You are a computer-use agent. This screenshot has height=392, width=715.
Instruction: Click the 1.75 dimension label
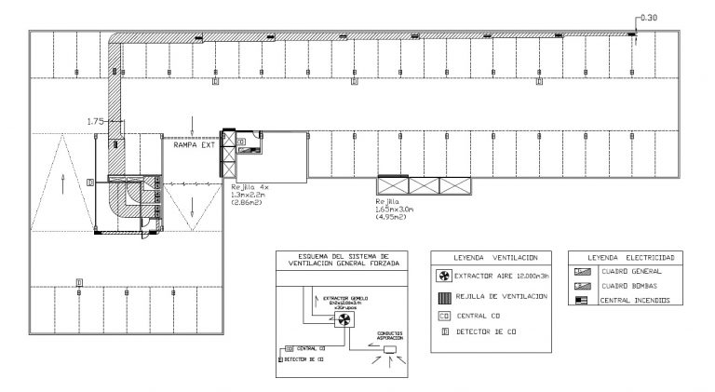coord(94,121)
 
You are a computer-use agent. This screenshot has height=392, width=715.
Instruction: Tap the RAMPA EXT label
coord(195,145)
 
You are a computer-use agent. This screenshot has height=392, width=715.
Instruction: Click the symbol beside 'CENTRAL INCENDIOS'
coord(582,301)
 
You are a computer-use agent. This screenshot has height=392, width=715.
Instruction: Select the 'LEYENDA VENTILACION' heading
coord(489,257)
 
